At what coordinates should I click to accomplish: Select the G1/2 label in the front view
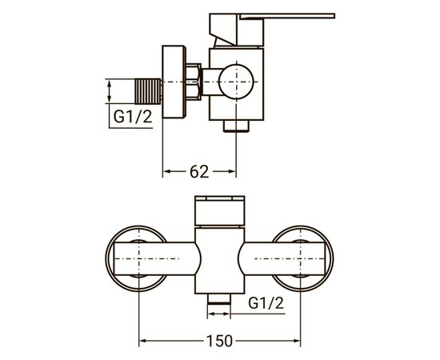pos(264,302)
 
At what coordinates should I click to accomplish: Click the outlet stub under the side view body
pos(235,126)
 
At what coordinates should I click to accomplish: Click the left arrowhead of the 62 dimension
pos(167,171)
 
